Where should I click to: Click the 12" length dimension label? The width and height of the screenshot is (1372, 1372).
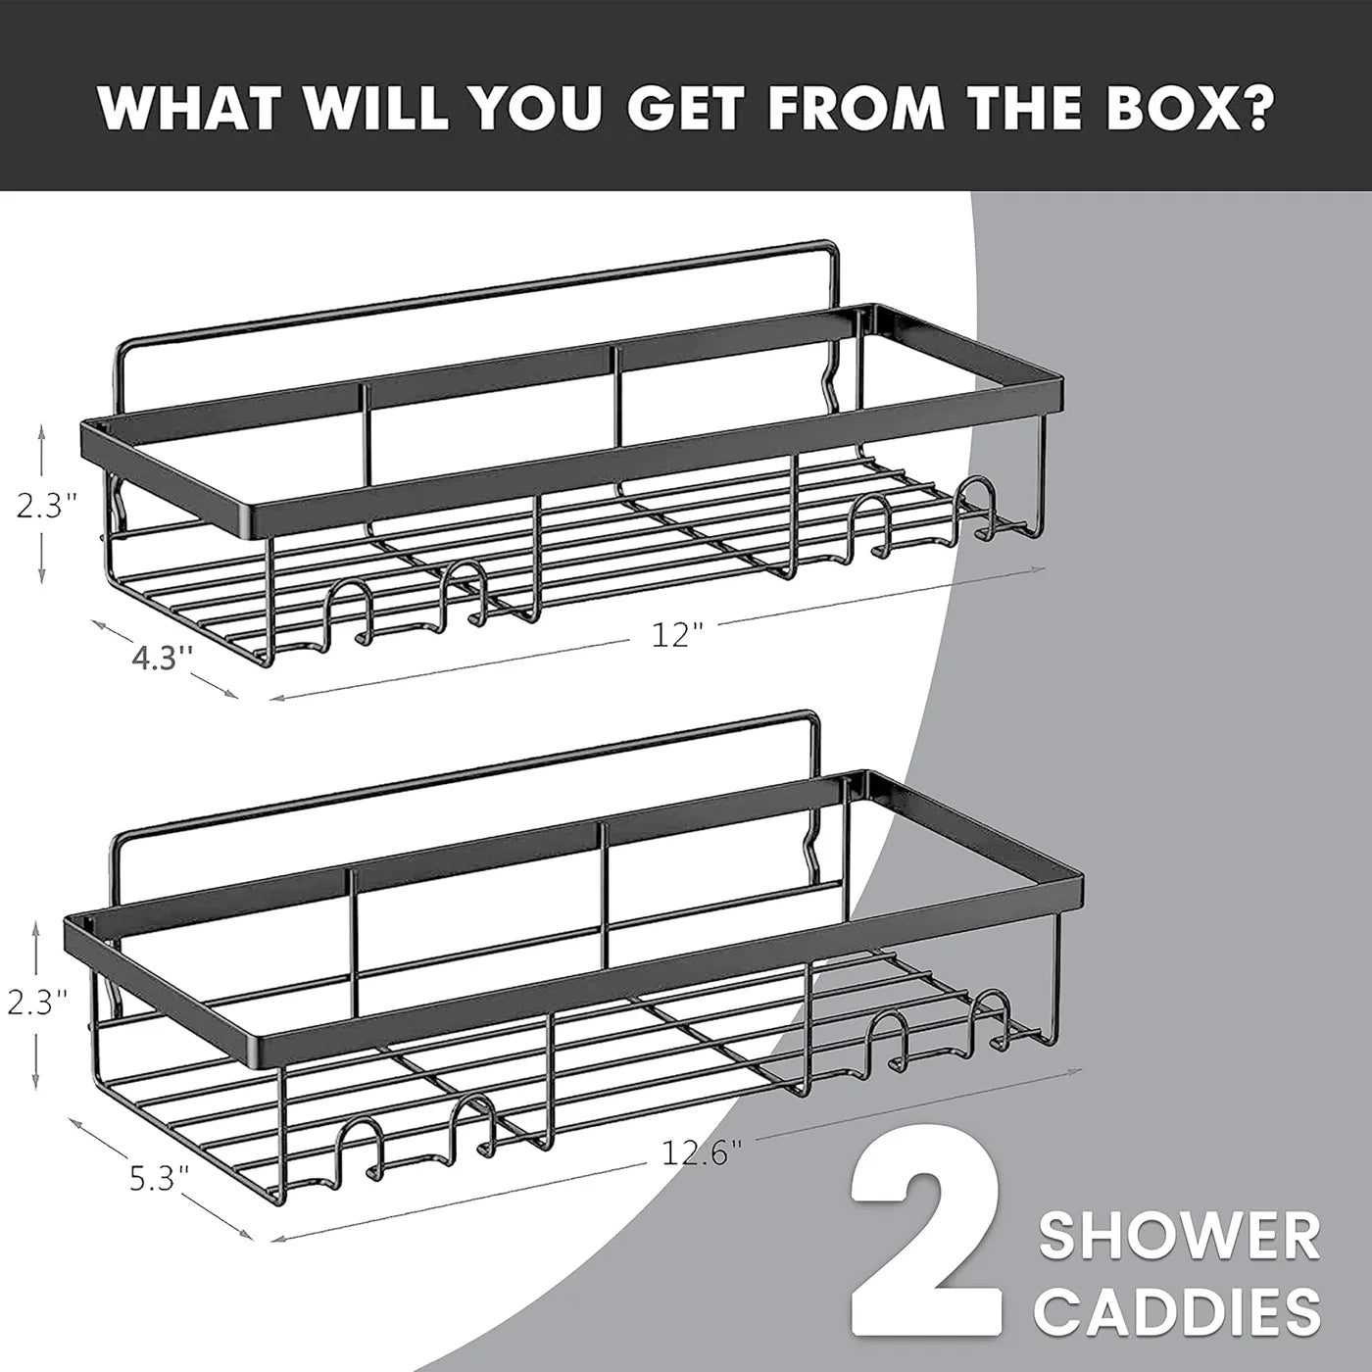pos(678,635)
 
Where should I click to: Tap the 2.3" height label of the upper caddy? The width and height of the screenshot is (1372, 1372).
pos(46,506)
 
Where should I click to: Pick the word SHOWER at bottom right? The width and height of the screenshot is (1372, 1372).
pos(1179,1237)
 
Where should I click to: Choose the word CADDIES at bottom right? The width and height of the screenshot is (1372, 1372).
pos(1179,1311)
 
